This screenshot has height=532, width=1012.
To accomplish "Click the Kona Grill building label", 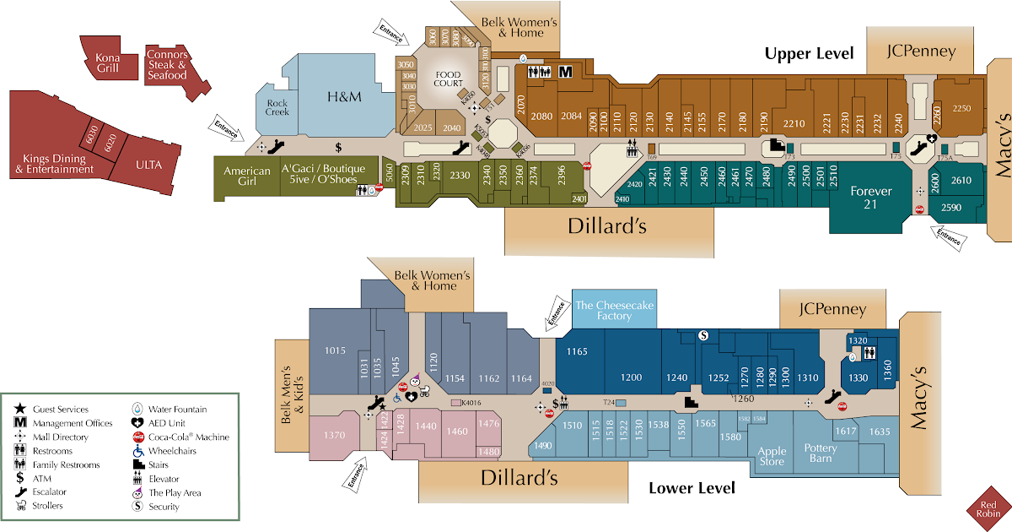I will [x=108, y=62].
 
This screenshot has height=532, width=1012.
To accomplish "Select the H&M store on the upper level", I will [x=344, y=97].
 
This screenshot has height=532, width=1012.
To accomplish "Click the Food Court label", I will [x=448, y=79].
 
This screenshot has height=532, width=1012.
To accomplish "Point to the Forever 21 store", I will [x=871, y=197].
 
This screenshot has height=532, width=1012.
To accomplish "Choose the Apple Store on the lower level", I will [x=772, y=456].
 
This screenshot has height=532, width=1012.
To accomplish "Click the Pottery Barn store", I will [x=820, y=453].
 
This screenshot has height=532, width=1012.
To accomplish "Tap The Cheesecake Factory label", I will [x=614, y=310].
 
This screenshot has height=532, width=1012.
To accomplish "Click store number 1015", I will [x=336, y=350].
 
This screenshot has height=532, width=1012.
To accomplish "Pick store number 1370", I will [x=335, y=435].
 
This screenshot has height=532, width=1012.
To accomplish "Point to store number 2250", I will [x=961, y=108].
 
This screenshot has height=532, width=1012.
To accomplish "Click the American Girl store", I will [x=247, y=176].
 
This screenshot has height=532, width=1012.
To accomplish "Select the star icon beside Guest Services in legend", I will [x=20, y=410].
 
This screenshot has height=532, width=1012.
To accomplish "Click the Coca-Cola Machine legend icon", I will [x=137, y=437].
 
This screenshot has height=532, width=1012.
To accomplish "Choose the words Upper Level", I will [x=809, y=53].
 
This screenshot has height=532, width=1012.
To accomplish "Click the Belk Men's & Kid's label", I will [x=290, y=394].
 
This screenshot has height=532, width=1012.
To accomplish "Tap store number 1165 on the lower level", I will [x=577, y=351].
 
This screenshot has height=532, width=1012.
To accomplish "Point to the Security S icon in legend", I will [x=137, y=507].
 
